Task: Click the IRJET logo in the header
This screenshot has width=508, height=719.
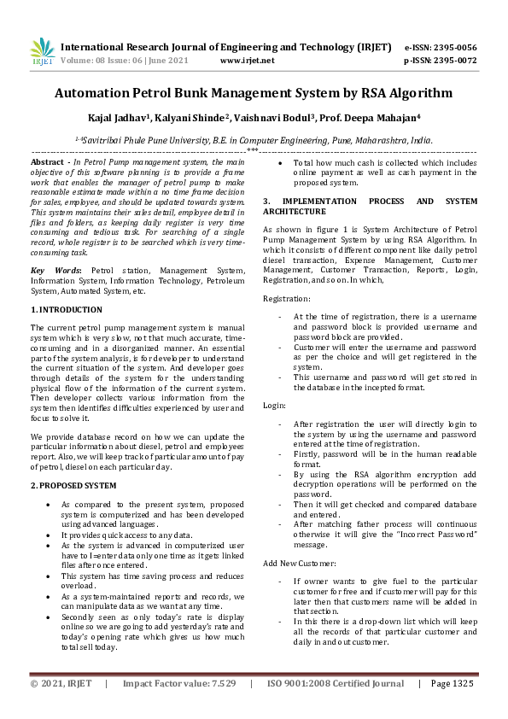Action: (43, 53)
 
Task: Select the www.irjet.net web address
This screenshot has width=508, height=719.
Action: (247, 61)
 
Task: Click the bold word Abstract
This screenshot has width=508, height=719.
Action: (47, 161)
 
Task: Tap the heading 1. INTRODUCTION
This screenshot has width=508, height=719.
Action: (67, 309)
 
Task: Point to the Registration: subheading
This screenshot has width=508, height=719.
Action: (287, 299)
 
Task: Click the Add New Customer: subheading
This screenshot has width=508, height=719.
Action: (300, 564)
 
